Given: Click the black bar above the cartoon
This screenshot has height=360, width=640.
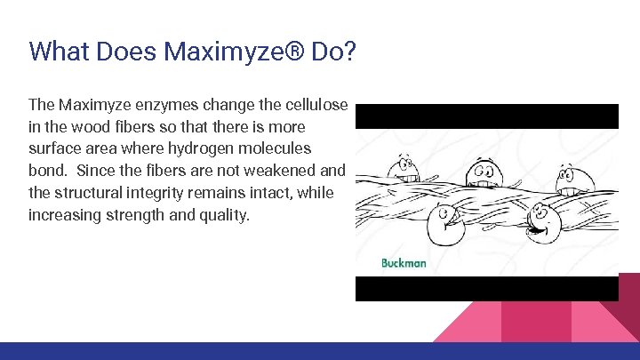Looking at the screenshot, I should tap(486, 116).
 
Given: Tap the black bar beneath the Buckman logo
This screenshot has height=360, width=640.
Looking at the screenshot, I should tap(486, 288).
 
